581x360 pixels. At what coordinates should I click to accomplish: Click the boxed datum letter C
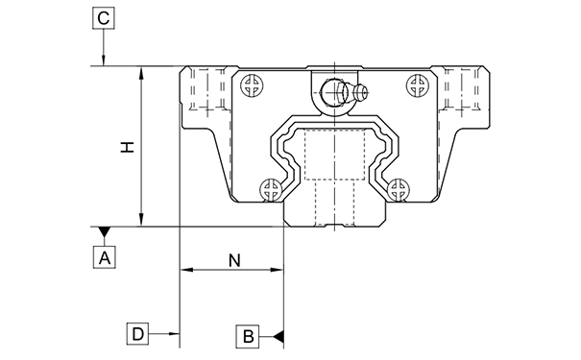pyautogui.click(x=104, y=18)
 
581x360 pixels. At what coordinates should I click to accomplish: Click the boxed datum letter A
pyautogui.click(x=104, y=257)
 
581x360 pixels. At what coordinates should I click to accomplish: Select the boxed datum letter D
pyautogui.click(x=137, y=334)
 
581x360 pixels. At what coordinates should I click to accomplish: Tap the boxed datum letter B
pyautogui.click(x=248, y=337)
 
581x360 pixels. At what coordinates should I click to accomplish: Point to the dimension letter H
pyautogui.click(x=127, y=147)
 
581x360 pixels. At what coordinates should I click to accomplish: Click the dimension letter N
pyautogui.click(x=234, y=261)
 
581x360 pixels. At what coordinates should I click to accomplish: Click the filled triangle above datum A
pyautogui.click(x=104, y=232)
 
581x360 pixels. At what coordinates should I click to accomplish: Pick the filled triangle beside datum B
pyautogui.click(x=278, y=337)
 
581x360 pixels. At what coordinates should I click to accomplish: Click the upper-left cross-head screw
pyautogui.click(x=253, y=85)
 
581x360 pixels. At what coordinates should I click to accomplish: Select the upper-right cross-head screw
pyautogui.click(x=419, y=85)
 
